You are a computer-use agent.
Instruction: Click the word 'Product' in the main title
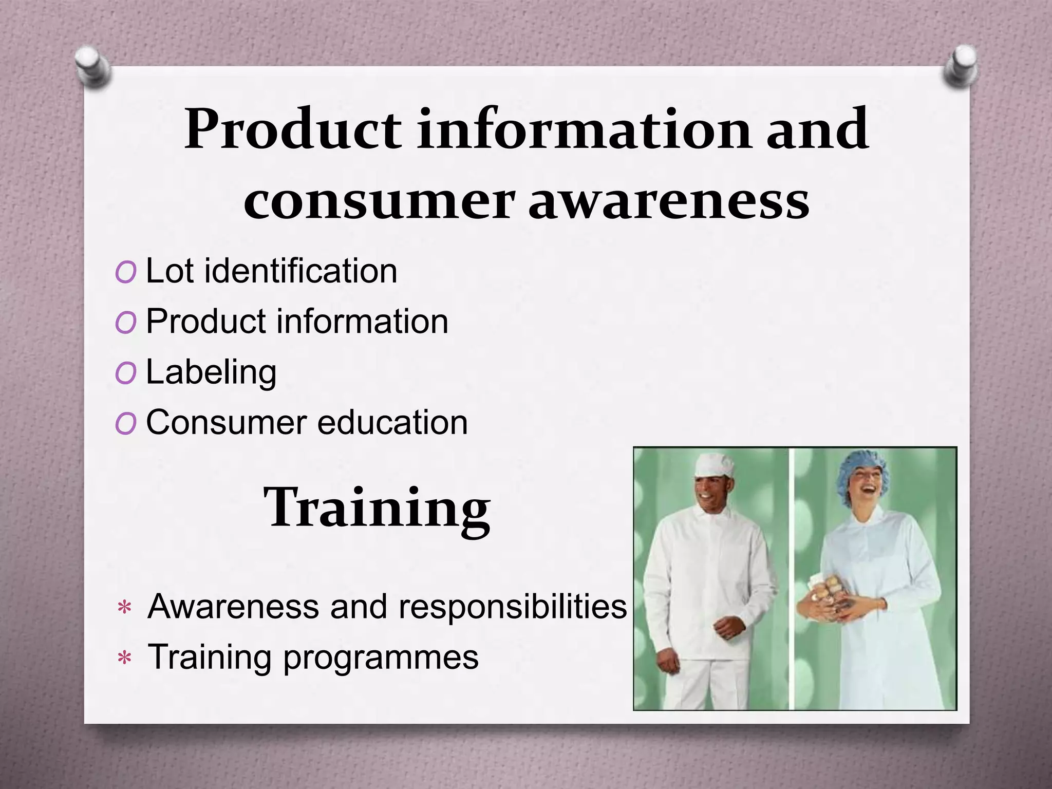tap(292, 129)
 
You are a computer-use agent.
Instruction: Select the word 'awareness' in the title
tap(669, 201)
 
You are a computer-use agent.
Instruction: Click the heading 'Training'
tap(377, 509)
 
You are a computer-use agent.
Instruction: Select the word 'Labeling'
tap(211, 372)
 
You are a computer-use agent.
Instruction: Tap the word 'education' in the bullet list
tap(392, 423)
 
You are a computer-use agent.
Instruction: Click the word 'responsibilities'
tap(513, 607)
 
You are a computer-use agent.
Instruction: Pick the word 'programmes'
tap(381, 657)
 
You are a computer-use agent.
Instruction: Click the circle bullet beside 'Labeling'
tap(126, 373)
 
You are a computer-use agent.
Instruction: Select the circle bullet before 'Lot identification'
tap(126, 272)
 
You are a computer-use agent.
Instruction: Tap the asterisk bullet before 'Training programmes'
tap(125, 658)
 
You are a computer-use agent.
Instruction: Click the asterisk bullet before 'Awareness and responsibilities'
tap(125, 608)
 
